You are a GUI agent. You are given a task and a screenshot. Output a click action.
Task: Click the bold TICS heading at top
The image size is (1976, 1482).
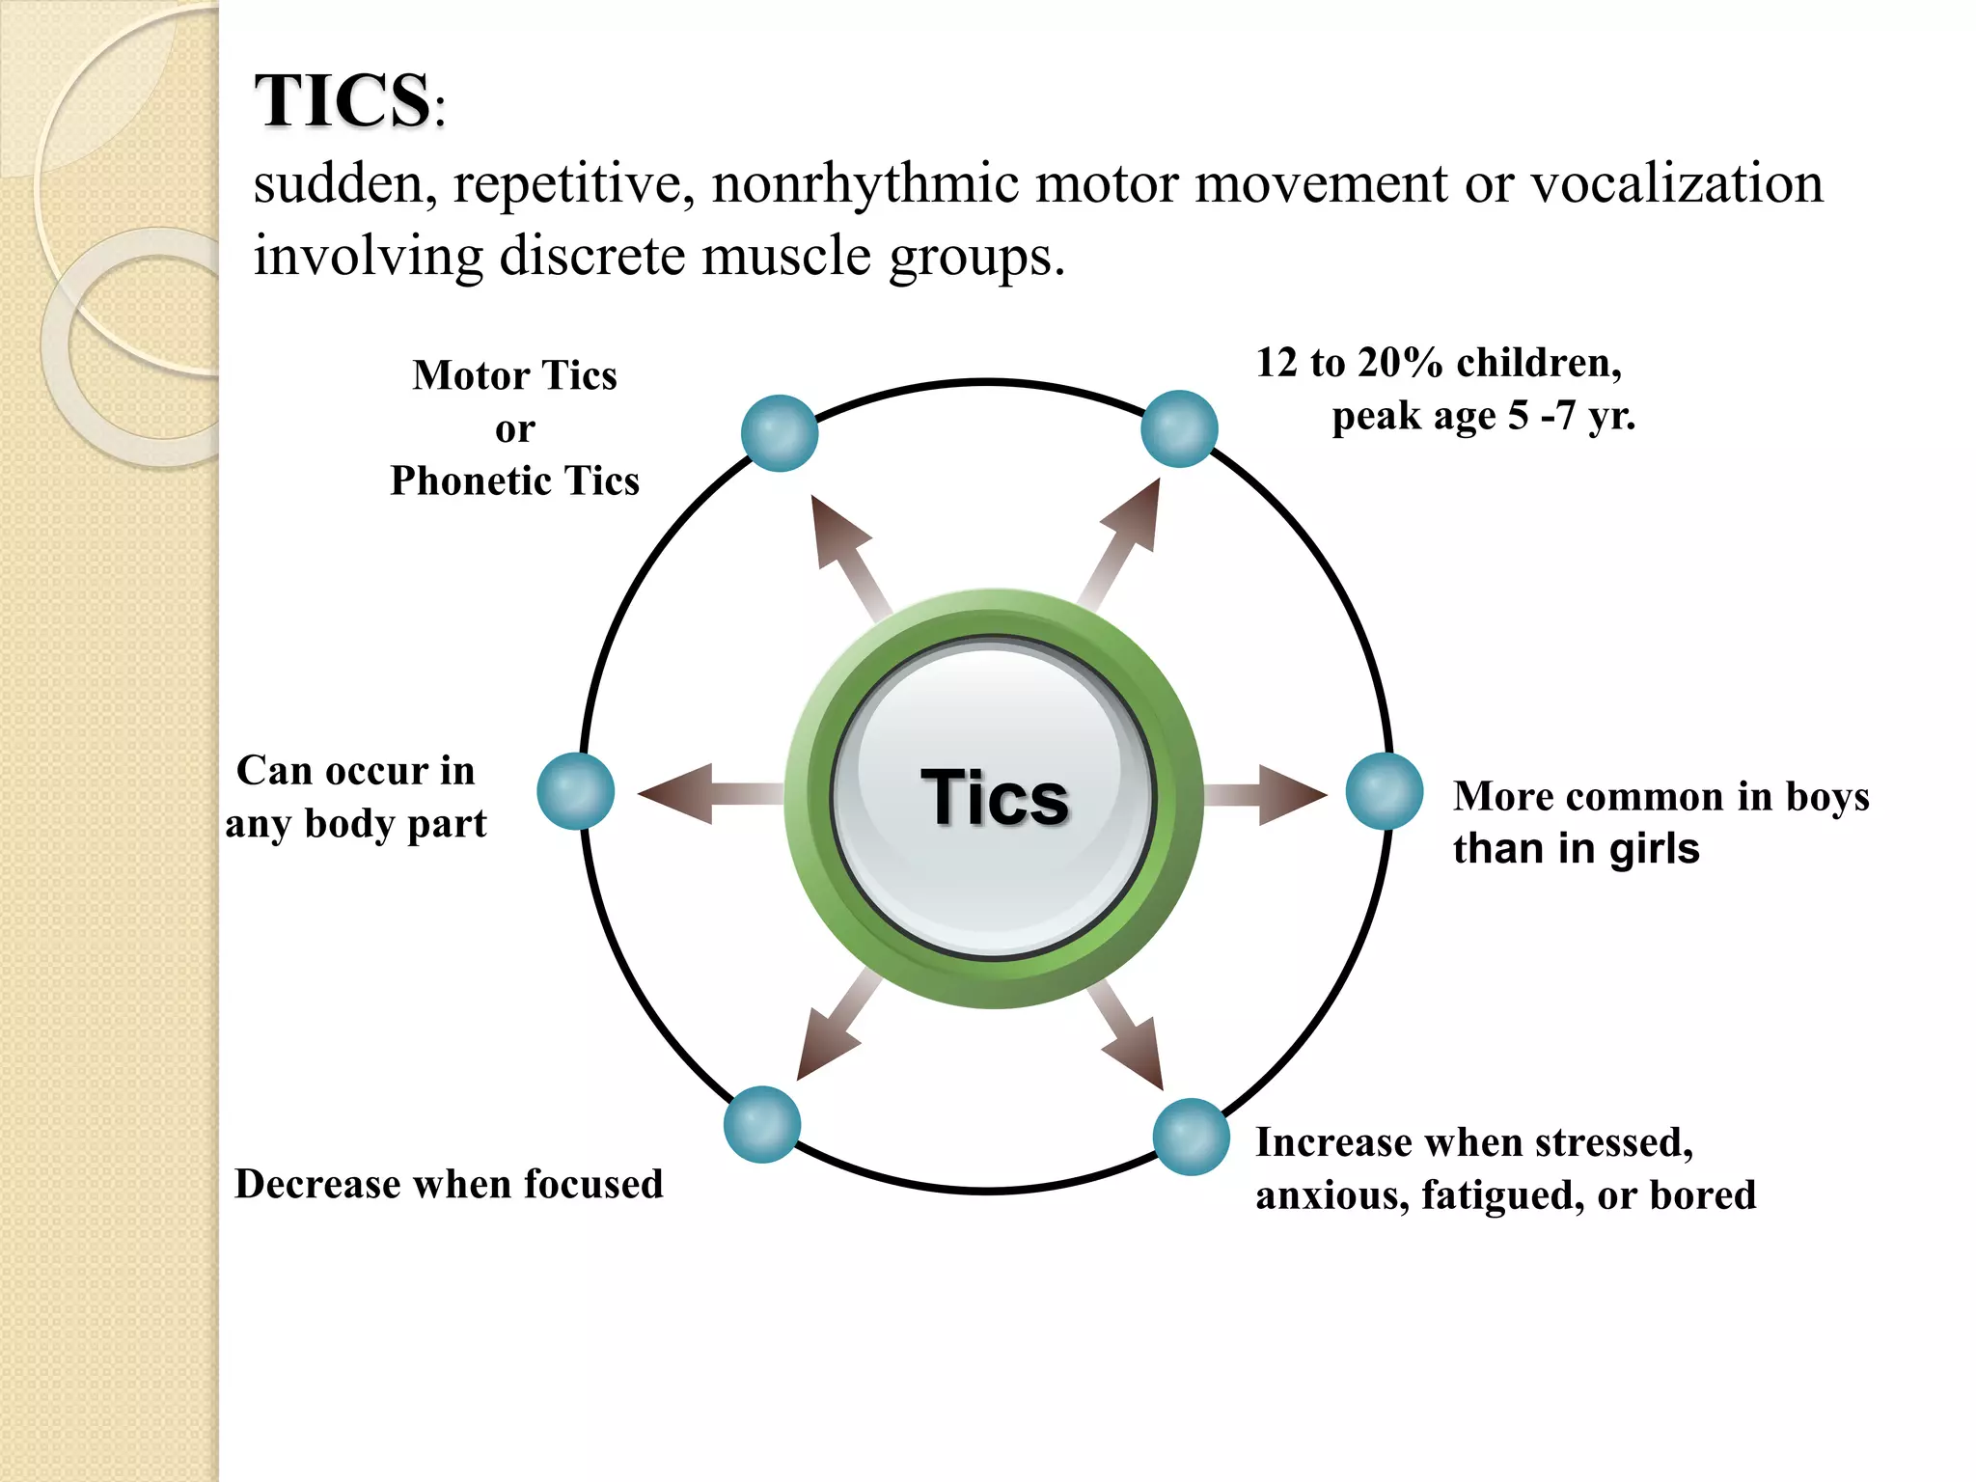point(343,100)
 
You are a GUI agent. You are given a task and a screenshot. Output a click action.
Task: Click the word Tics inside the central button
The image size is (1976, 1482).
point(995,798)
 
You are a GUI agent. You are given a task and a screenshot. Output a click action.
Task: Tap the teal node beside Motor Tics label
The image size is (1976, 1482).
point(780,433)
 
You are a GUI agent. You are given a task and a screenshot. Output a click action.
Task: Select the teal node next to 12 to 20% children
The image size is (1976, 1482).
point(1179,428)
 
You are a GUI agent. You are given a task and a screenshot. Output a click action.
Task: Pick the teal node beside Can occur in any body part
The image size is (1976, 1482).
point(576,791)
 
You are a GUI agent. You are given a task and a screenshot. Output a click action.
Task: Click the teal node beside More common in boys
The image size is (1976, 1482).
point(1385,791)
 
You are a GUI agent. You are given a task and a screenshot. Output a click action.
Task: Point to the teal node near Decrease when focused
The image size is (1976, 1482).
point(762,1124)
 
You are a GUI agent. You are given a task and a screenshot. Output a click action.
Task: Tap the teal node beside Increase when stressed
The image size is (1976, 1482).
point(1192,1137)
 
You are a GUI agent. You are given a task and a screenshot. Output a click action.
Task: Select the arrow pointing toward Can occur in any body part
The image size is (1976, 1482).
point(704,794)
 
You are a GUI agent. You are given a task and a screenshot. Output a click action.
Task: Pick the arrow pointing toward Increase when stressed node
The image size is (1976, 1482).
point(1129,1037)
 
